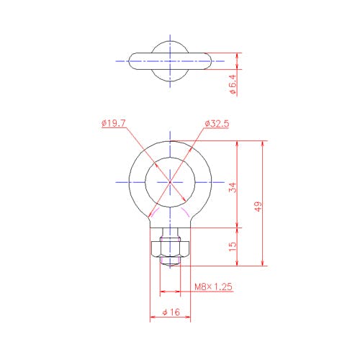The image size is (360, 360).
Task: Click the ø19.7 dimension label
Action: [114, 123]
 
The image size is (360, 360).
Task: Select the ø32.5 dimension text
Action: [217, 124]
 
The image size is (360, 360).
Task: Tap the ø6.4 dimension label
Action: [233, 84]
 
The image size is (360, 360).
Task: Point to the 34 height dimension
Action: [233, 187]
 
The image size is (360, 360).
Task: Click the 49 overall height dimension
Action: [258, 207]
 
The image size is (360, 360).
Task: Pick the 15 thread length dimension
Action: [233, 246]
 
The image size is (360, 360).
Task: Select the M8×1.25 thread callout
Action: [213, 287]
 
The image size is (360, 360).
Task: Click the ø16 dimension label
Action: [171, 312]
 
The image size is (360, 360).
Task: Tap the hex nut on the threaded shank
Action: [171, 249]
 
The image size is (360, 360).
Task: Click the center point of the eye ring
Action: [170, 182]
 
